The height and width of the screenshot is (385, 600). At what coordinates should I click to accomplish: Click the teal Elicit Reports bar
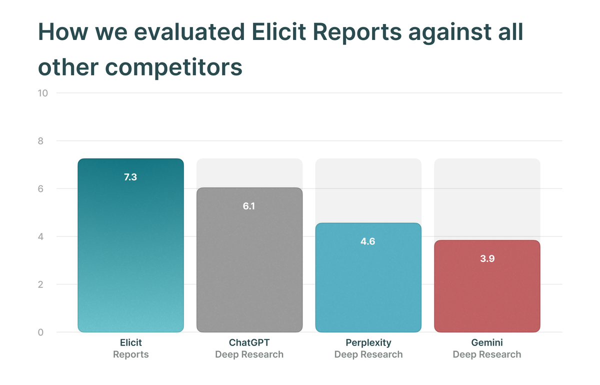pos(130,245)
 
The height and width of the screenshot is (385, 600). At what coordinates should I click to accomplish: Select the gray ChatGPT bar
pos(249,260)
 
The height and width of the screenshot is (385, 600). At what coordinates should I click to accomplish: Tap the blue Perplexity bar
pos(368,277)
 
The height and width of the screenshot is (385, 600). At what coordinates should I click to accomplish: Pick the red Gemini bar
pos(487,286)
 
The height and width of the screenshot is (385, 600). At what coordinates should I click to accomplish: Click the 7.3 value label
pos(130,177)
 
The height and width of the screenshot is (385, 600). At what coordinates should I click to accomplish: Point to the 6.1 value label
pos(249,206)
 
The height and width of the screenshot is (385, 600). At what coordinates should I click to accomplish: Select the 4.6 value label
pos(368,241)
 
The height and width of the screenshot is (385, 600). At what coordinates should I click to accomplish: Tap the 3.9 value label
pos(487,258)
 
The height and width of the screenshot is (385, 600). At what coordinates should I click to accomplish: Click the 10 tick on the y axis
pos(42,93)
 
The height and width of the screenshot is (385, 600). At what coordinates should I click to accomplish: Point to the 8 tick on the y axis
pos(40,141)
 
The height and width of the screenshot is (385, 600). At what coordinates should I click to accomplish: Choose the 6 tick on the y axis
pos(40,189)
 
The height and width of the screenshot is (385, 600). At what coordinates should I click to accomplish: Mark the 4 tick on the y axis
pos(40,236)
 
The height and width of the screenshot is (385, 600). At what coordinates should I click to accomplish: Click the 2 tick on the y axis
pos(40,284)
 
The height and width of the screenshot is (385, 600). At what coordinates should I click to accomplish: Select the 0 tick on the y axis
pos(40,332)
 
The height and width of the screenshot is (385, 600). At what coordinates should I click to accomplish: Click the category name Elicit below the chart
pos(130,342)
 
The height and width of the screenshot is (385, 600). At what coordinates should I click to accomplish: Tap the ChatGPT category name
pos(249,342)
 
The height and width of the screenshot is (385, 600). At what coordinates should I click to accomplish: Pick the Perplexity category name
pos(368,343)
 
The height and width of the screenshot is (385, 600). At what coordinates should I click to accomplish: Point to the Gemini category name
pos(487,342)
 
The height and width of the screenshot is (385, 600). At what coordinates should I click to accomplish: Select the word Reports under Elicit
pos(130,354)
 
